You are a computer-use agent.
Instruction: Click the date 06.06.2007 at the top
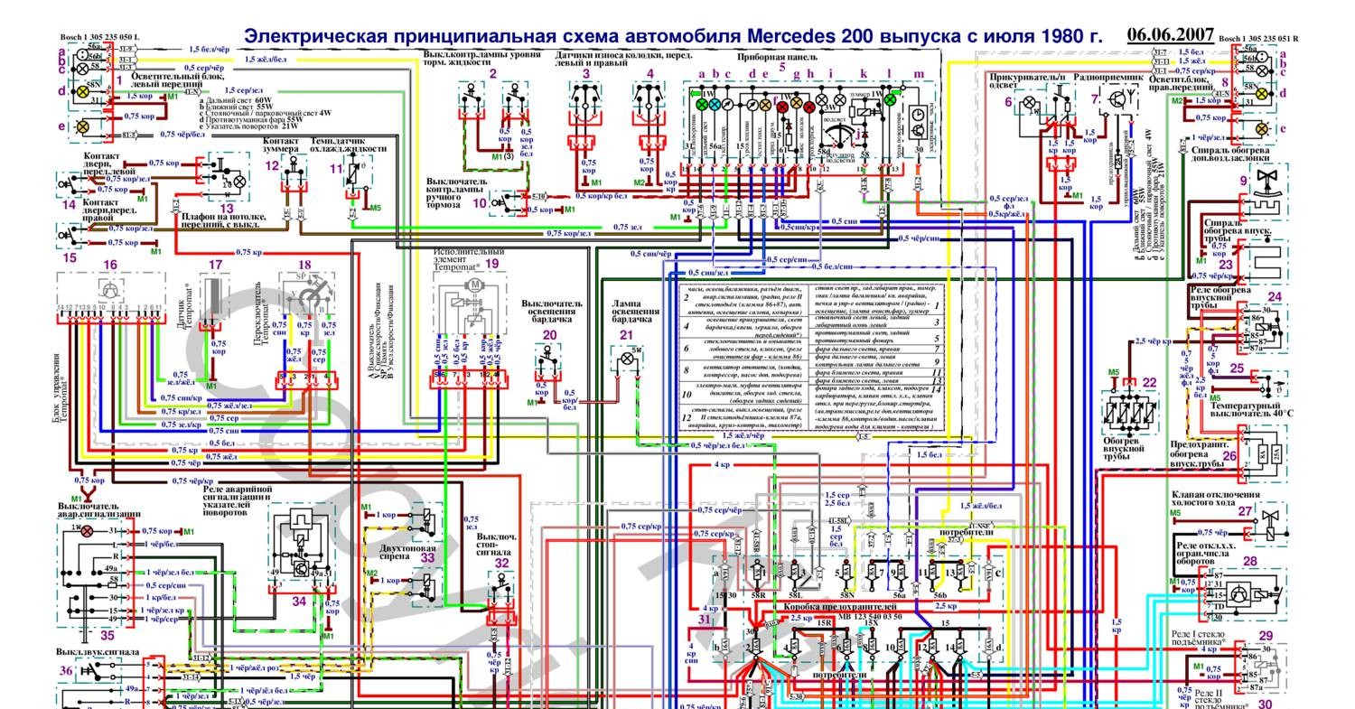[1170, 34]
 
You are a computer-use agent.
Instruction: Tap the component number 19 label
[492, 265]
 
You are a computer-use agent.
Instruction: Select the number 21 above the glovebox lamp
[627, 335]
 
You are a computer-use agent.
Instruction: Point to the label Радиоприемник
[1107, 79]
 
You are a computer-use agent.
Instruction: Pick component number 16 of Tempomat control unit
[110, 265]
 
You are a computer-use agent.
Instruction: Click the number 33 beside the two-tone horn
[426, 558]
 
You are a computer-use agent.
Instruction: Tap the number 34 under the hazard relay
[299, 601]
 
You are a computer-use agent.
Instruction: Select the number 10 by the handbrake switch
[480, 202]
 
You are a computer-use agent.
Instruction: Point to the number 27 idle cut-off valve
[1246, 511]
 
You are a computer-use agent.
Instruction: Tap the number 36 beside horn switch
[66, 671]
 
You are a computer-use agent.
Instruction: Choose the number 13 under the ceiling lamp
[227, 209]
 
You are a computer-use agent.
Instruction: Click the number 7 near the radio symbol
[1094, 99]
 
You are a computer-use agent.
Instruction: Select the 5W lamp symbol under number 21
[626, 359]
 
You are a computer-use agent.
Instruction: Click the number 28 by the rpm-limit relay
[1249, 561]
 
